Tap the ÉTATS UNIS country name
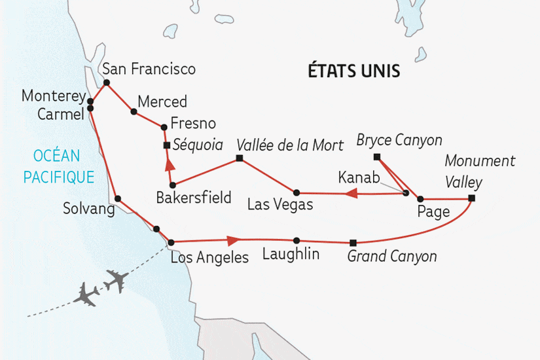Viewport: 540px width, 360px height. click(x=354, y=71)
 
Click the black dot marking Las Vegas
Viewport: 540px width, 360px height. click(x=297, y=192)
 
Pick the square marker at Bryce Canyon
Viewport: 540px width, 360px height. click(x=376, y=156)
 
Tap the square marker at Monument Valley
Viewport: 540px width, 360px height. click(x=471, y=198)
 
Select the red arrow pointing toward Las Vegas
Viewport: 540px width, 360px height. click(x=350, y=193)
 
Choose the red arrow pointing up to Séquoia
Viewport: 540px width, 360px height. click(x=169, y=164)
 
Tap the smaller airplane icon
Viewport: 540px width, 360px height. click(x=88, y=294)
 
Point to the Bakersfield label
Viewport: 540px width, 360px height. click(x=194, y=197)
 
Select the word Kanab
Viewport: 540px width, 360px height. click(x=359, y=177)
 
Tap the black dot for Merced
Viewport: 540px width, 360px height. click(x=134, y=112)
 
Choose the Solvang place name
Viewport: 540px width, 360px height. click(x=88, y=209)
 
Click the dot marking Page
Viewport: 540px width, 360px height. click(x=420, y=198)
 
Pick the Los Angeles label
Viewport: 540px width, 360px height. click(x=209, y=257)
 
